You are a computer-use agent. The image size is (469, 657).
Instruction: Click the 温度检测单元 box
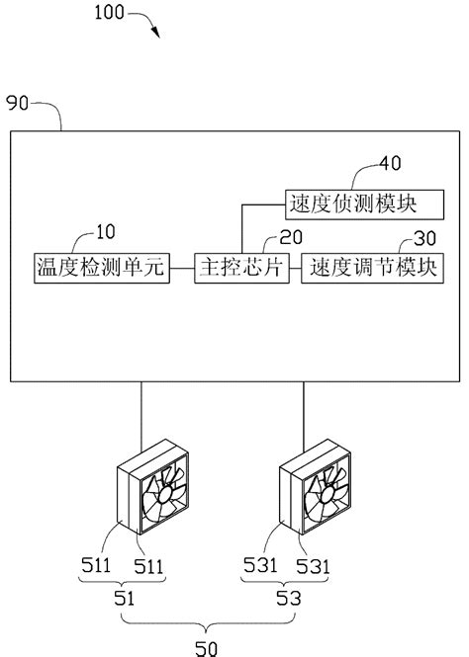(x=98, y=268)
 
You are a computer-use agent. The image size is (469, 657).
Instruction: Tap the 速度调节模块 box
(x=370, y=268)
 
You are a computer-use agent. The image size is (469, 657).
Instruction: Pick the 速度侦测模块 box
(x=350, y=205)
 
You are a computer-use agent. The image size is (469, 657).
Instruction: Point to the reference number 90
(x=18, y=102)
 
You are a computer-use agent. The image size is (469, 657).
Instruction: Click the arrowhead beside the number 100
(x=155, y=32)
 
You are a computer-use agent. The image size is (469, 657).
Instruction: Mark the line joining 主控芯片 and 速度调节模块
(x=292, y=268)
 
